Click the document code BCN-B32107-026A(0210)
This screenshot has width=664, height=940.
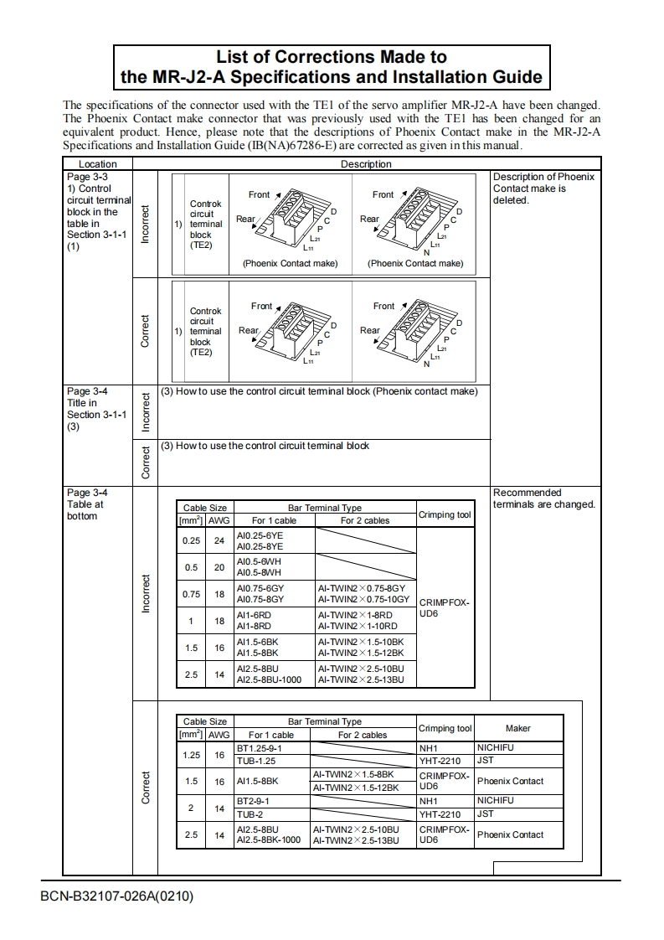[x=116, y=896]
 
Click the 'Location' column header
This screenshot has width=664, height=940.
[x=98, y=164]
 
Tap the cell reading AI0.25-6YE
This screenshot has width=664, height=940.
[x=260, y=535]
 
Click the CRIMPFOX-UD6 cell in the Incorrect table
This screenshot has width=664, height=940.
[x=444, y=607]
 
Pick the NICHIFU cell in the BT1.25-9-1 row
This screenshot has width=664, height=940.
[x=495, y=747]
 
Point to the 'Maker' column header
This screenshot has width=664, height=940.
[x=517, y=728]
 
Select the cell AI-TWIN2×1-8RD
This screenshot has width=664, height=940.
[x=355, y=615]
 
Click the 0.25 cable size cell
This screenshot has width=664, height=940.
[x=191, y=540]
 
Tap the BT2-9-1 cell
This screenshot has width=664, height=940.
[x=253, y=801]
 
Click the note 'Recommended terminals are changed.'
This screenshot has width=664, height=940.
[x=543, y=498]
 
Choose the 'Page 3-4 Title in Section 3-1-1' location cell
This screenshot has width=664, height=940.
[x=97, y=409]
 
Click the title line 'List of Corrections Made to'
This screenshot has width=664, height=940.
[x=332, y=57]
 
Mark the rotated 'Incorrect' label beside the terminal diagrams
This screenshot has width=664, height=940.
[x=145, y=224]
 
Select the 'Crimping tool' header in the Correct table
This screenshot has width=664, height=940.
[x=445, y=728]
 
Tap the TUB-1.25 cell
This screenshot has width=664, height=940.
[x=256, y=761]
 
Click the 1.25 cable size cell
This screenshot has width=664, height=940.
[x=191, y=754]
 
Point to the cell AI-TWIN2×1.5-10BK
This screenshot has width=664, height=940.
[x=360, y=642]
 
